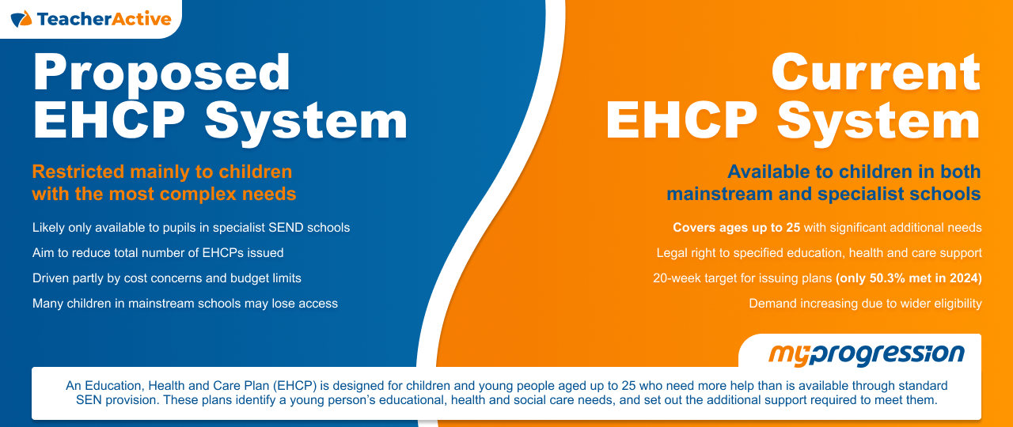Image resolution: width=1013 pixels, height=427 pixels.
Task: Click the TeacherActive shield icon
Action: click(21, 18)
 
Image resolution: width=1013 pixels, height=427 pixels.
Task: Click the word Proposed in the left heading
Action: click(161, 73)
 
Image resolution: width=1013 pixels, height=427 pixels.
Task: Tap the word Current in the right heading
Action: click(876, 73)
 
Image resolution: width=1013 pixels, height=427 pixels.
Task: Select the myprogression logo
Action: click(866, 353)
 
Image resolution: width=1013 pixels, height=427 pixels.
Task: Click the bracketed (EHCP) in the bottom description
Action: click(301, 387)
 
